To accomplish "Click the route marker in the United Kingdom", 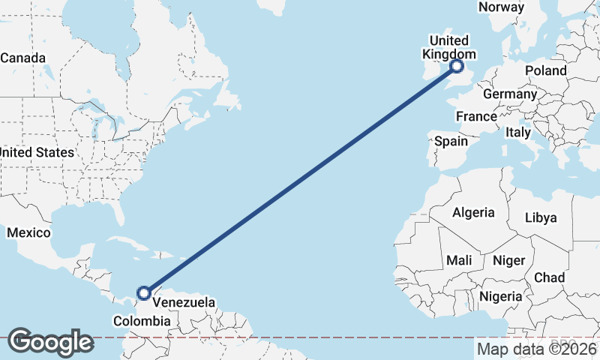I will click(457, 67).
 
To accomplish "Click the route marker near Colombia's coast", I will click(144, 292).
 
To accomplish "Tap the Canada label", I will click(22, 58).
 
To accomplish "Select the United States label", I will click(37, 152).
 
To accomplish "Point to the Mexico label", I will click(28, 232).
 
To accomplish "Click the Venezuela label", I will click(184, 302).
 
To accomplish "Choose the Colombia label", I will click(142, 321).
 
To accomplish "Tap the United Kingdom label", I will click(448, 47).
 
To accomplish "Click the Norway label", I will click(501, 7).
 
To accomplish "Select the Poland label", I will click(546, 70).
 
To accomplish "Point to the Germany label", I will click(510, 94).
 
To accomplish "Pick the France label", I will click(476, 116).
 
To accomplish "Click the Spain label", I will click(451, 141).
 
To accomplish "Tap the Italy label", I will click(518, 132).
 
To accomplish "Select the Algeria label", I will click(473, 212).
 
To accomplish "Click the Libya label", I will click(541, 217).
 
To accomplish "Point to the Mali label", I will click(458, 260).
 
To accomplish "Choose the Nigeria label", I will click(500, 295).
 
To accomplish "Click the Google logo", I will click(50, 342).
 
